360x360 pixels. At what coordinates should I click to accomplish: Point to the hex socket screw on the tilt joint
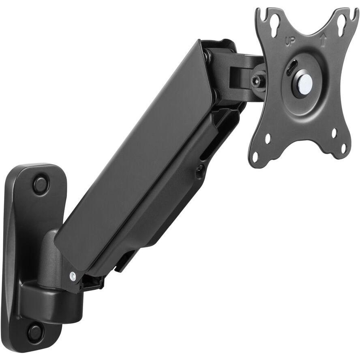(256, 81)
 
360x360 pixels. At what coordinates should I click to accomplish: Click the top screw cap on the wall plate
(40, 185)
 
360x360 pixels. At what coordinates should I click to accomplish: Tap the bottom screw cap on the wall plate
(35, 332)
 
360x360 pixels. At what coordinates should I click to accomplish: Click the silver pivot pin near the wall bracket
(73, 276)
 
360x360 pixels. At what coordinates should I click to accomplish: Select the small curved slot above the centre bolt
(291, 67)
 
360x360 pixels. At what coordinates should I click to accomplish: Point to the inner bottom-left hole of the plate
(268, 138)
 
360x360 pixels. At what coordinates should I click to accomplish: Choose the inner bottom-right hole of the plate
(334, 133)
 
